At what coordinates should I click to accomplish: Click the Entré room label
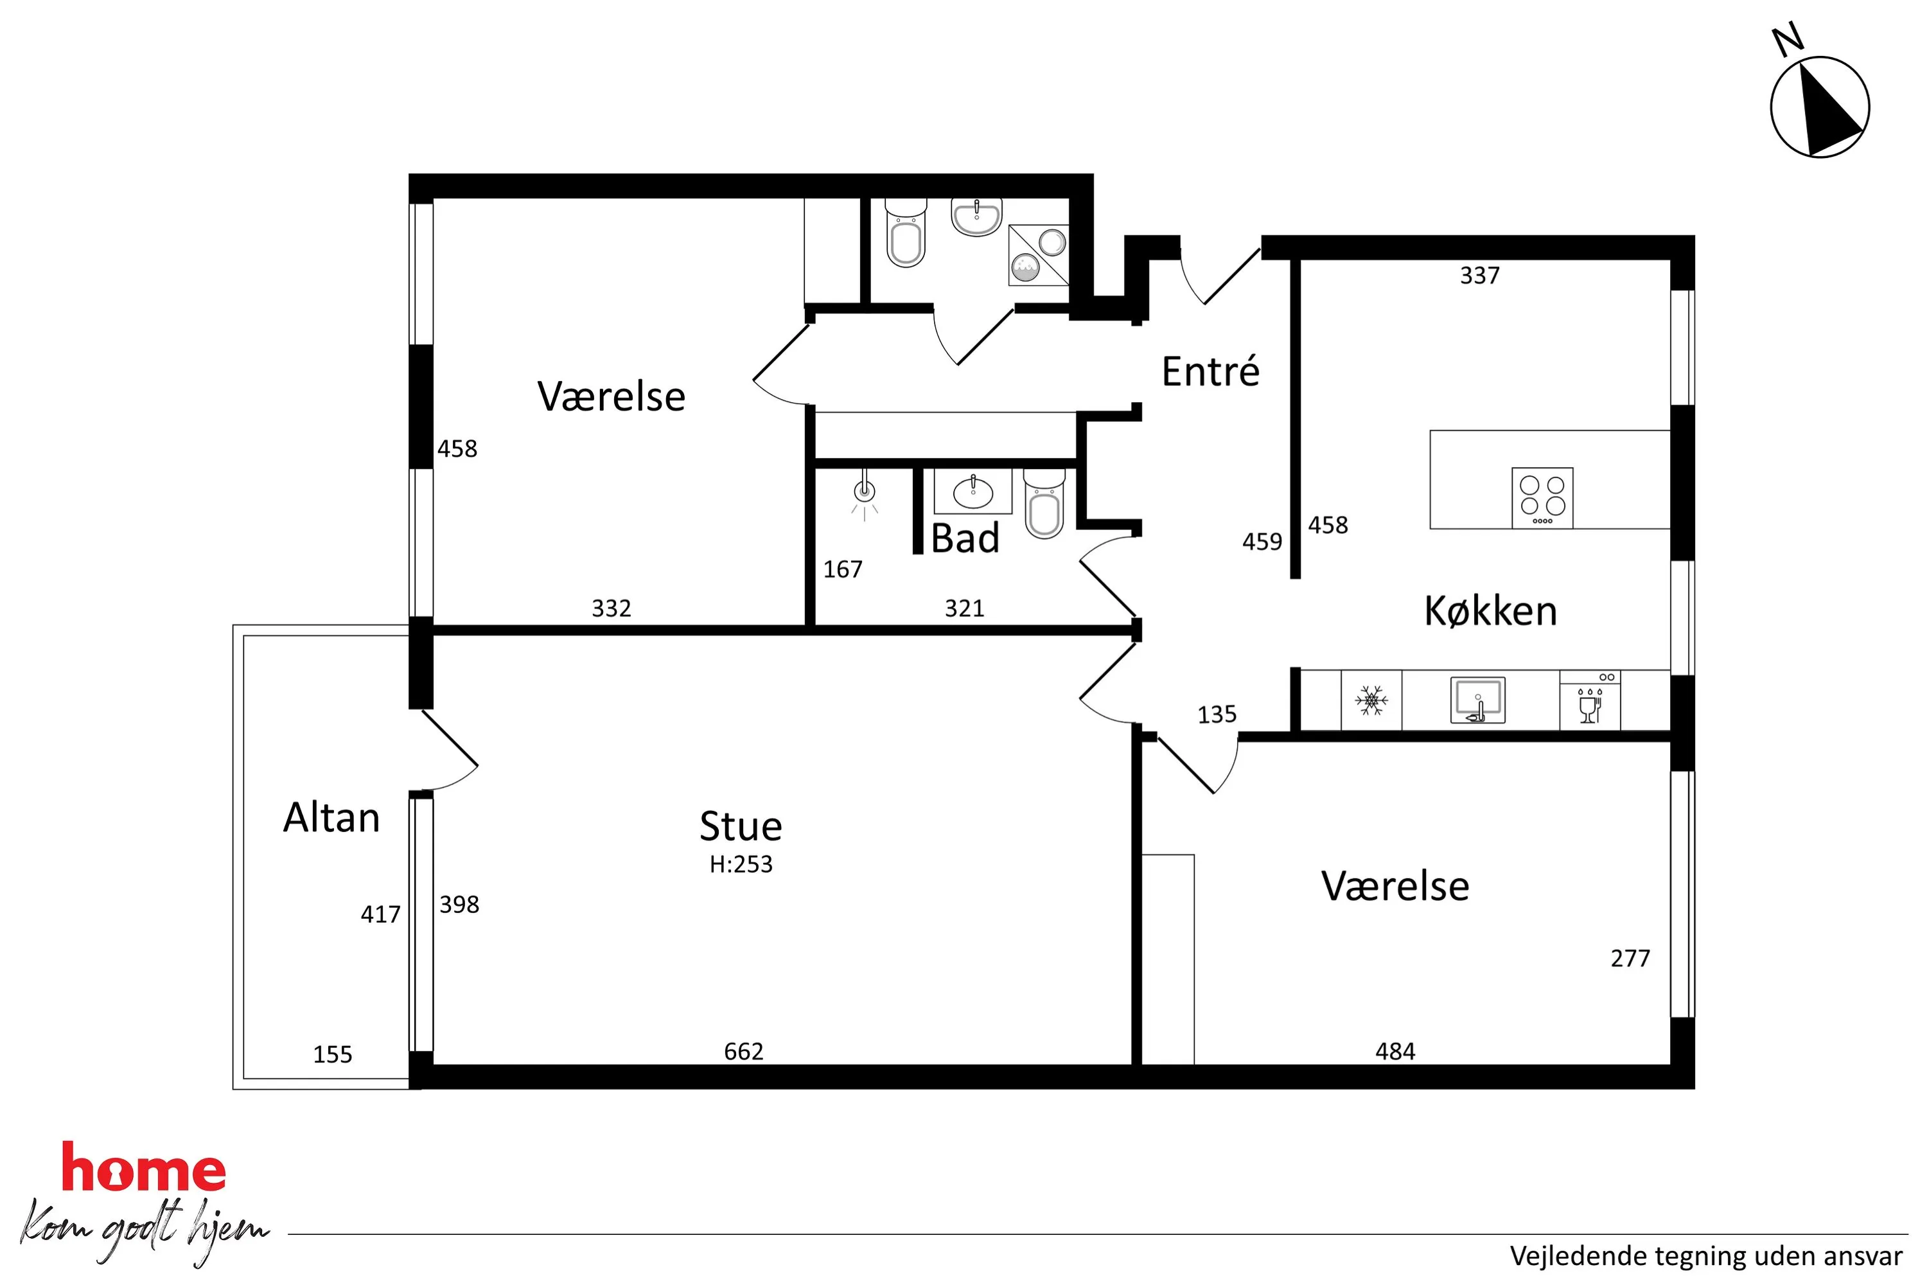[1210, 371]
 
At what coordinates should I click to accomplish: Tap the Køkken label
[1490, 612]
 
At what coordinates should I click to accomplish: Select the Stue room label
[741, 826]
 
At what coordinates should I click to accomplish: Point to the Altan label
[332, 817]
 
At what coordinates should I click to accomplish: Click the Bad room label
[965, 538]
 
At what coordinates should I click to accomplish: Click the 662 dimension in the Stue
[743, 1051]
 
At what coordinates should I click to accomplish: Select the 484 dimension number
[1395, 1051]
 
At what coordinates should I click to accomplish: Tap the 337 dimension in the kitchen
[1480, 276]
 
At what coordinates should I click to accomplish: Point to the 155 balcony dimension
[333, 1055]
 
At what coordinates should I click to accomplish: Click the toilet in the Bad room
[1044, 504]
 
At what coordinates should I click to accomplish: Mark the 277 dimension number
[1630, 958]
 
